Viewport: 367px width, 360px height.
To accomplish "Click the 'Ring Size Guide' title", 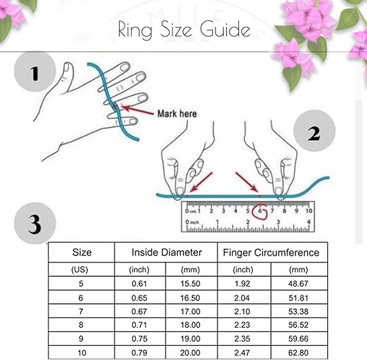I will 183,30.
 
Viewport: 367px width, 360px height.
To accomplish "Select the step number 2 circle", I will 313,133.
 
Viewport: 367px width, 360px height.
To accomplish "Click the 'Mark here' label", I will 177,114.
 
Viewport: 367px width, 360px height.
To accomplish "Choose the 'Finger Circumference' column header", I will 271,252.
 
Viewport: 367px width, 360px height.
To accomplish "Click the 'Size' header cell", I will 81,252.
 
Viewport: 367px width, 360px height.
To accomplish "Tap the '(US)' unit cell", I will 81,269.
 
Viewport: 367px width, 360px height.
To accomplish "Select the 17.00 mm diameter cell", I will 192,312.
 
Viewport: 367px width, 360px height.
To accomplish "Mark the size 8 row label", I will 81,325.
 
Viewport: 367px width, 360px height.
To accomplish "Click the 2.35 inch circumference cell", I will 243,338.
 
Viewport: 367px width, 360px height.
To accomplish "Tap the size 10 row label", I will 81,352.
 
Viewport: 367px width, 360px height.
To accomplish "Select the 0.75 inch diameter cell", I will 140,338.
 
